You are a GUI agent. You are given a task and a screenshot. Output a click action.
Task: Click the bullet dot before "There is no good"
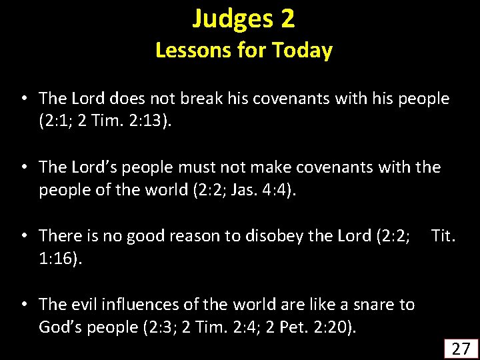pos(24,235)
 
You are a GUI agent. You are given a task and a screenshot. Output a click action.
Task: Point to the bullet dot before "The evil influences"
pos(24,305)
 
